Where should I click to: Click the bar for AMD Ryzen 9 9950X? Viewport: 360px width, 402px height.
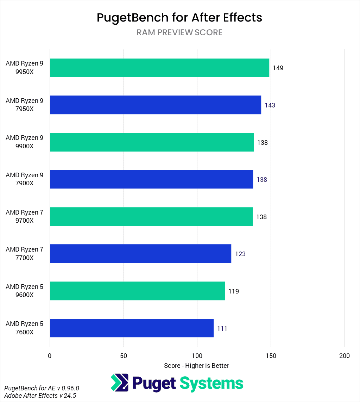[159, 68]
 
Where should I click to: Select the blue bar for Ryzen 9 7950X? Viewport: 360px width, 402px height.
[155, 105]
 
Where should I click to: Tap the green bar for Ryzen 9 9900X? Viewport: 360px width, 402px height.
[152, 142]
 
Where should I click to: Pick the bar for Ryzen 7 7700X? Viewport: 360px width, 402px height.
[140, 254]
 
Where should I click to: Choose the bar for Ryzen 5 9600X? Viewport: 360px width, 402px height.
[137, 291]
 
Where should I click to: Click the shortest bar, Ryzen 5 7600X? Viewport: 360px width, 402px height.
[132, 328]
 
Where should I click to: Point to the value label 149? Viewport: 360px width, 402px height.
[278, 68]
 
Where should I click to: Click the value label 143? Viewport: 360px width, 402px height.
[270, 105]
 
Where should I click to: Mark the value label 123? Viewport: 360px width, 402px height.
[240, 254]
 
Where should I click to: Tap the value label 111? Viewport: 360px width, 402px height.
[222, 329]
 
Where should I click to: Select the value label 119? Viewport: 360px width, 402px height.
[233, 291]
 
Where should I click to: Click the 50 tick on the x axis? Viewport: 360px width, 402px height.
[124, 356]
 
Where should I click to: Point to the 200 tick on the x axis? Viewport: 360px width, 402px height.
[345, 356]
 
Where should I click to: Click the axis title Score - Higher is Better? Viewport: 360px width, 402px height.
[196, 366]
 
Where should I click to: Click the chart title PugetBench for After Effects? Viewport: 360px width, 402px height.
[179, 18]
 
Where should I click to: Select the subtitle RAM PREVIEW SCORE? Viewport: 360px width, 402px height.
[179, 32]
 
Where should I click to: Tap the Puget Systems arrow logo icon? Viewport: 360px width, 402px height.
[119, 383]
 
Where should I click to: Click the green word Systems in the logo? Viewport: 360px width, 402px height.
[211, 383]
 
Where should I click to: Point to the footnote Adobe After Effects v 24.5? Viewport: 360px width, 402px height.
[40, 396]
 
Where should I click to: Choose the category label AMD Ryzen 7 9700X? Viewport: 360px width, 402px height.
[24, 217]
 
